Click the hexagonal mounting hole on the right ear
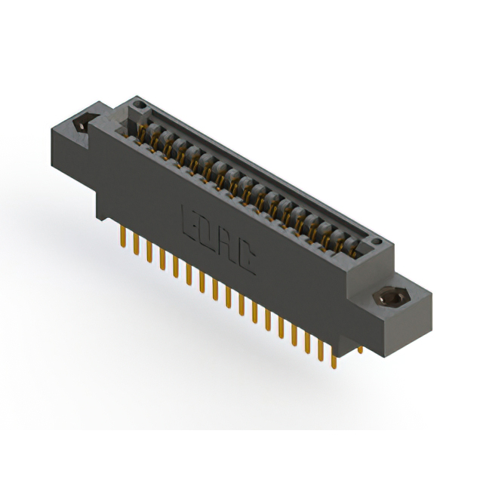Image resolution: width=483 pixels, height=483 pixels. tap(389, 297)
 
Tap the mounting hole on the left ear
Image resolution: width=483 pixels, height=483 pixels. tap(82, 124)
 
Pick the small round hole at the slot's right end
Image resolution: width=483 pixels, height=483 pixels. tap(375, 241)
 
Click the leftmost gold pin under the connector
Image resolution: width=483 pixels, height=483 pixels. tap(123, 237)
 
